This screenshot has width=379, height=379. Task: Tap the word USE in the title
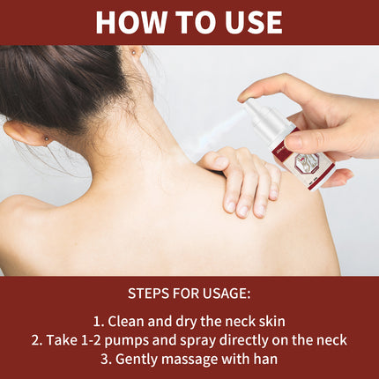tap(246, 22)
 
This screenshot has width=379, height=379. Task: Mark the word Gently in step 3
tap(137, 359)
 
